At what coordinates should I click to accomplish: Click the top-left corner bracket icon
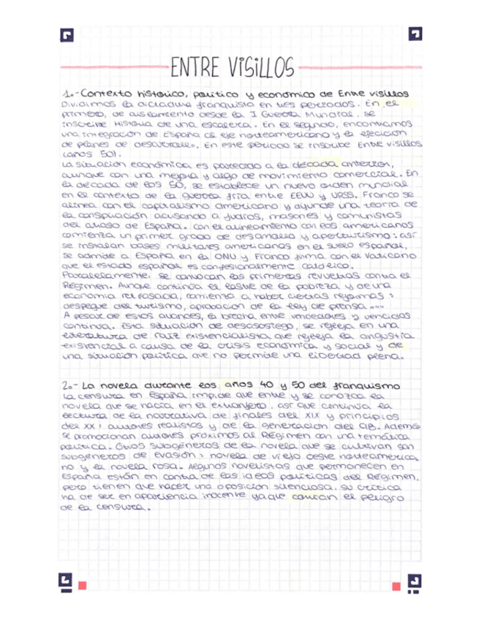pyautogui.click(x=68, y=35)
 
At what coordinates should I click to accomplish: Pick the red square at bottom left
pyautogui.click(x=83, y=585)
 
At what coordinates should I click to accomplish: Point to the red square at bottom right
pyautogui.click(x=396, y=585)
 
